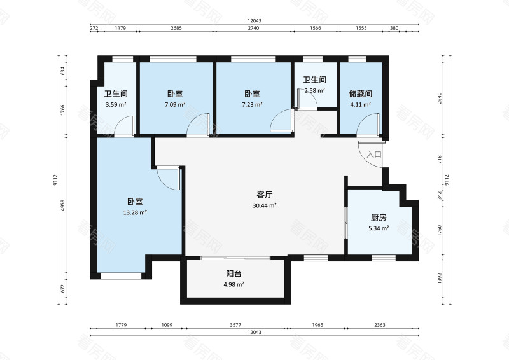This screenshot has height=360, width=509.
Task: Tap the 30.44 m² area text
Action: tap(265, 206)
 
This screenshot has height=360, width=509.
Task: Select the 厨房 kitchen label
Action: tap(379, 217)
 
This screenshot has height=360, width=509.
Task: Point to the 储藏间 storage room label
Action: tap(360, 93)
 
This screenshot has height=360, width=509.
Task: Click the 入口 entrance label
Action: tap(374, 155)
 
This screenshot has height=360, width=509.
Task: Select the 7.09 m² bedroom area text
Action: tap(175, 105)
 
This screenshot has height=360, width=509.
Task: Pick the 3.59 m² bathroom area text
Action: tap(115, 105)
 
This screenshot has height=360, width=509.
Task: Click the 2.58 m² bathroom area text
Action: tap(315, 91)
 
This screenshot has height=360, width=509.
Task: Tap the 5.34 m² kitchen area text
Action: tap(379, 228)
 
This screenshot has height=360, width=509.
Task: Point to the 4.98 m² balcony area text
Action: tap(234, 285)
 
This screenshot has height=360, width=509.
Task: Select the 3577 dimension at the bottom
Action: tap(235, 325)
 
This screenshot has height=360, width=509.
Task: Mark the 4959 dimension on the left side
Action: tap(63, 207)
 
